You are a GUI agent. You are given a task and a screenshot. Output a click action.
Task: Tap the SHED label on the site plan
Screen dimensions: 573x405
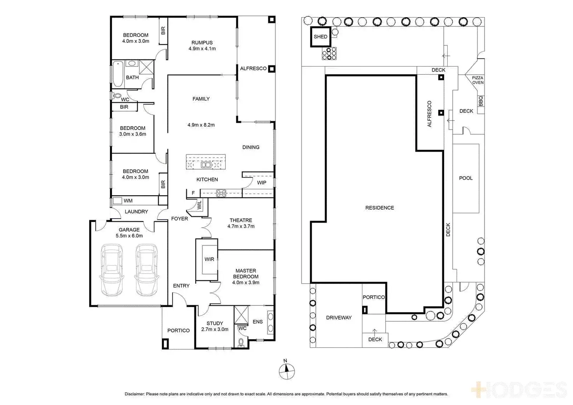point(320,37)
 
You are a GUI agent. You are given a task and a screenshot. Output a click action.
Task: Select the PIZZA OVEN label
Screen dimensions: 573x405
point(478,80)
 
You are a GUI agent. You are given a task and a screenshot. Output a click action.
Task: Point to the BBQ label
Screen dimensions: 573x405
point(481,101)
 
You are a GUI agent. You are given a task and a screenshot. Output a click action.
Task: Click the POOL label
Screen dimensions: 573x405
point(466,178)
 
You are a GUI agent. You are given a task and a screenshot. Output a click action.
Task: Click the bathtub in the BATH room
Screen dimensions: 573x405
point(118,73)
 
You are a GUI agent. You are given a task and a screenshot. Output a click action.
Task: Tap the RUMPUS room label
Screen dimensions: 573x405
point(202,43)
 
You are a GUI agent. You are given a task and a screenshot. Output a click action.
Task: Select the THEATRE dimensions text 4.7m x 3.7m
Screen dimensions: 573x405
point(241,226)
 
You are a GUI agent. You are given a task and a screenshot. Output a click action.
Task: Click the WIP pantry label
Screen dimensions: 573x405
point(262,182)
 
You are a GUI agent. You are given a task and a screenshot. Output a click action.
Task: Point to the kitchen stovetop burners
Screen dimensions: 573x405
point(221,192)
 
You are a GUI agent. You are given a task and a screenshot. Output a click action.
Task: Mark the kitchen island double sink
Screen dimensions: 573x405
point(206,165)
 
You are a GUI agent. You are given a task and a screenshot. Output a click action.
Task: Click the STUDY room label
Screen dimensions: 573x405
point(215,323)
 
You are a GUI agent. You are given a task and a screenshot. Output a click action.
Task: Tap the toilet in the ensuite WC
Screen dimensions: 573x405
point(241,342)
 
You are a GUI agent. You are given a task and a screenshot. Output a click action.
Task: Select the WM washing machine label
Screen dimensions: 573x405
point(128,201)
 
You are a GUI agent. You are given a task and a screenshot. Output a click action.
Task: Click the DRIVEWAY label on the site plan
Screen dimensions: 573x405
point(339,317)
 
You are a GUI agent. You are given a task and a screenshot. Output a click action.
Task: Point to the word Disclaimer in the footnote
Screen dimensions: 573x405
point(135,394)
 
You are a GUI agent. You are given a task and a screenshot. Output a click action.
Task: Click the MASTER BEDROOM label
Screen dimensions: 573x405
point(246,274)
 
